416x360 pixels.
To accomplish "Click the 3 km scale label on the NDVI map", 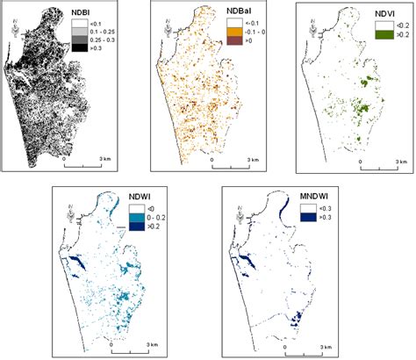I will pyautogui.click(x=401, y=162).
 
